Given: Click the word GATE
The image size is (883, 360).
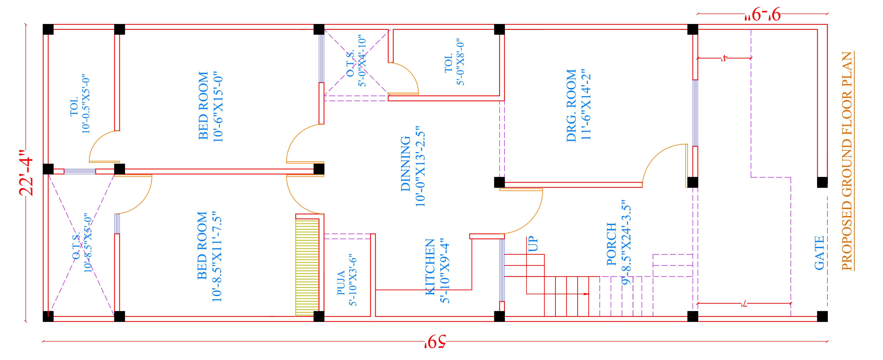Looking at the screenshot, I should [x=819, y=253].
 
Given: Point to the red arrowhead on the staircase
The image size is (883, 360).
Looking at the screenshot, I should [x=586, y=294].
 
